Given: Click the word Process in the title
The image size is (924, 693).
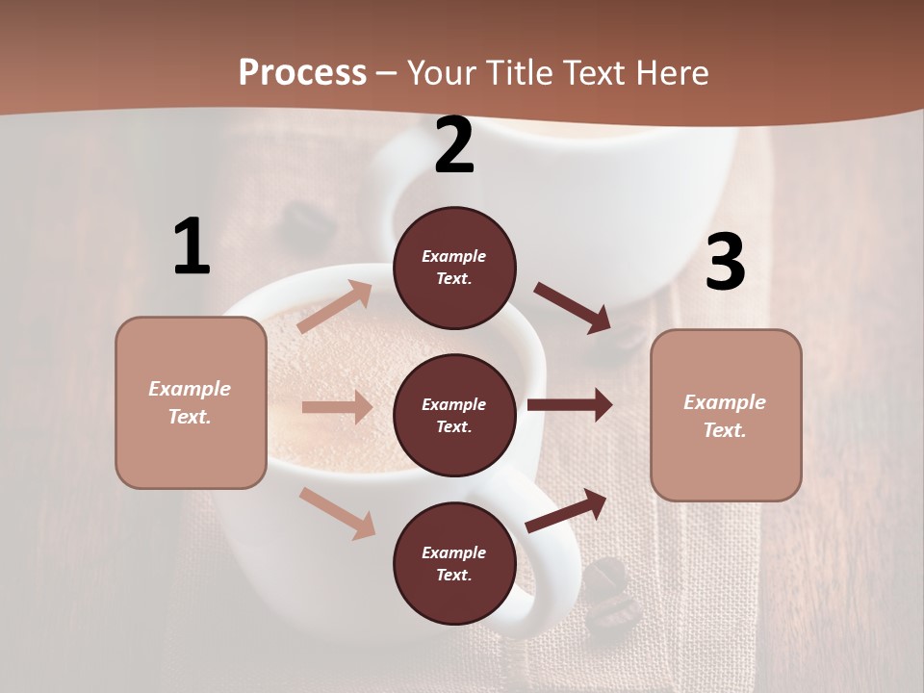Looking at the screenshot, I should pos(302,73).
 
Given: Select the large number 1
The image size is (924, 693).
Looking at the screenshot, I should pos(192,246).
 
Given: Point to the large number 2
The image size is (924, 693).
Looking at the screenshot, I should pos(454,146).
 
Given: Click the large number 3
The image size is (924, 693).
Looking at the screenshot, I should pos(725,263).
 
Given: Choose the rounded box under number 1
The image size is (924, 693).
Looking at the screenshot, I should pos(191,402).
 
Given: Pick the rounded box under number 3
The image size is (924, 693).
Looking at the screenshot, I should pos(726,416).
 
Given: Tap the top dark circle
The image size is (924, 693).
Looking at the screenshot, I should pos(454,268).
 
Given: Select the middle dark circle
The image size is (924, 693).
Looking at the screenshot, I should pos(454,415).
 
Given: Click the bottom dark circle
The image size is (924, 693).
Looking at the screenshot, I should pos(454,563).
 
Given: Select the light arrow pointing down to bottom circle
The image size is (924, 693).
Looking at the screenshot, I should pos(337,512).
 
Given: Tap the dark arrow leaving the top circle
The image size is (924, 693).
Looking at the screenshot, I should pos(574,308).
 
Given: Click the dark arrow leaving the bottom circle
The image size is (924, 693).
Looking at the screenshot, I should pos(566,510).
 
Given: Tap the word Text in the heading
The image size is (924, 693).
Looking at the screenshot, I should pos(596,73).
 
